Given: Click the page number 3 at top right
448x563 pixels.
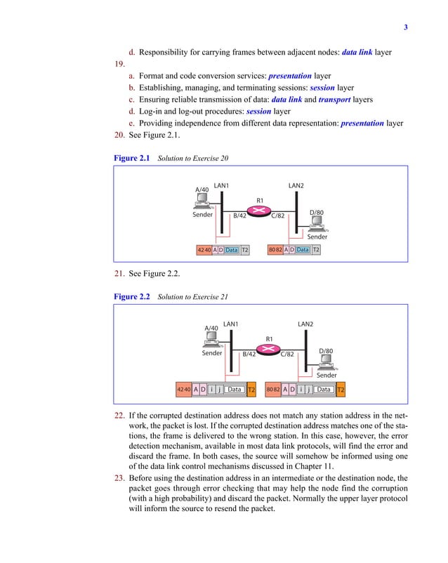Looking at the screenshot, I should tap(405, 28).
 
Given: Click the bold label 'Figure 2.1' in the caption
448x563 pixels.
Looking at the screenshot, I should tap(132, 159).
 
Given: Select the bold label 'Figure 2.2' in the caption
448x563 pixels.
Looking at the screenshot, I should tap(132, 297).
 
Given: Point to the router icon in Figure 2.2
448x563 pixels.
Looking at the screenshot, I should tap(269, 349).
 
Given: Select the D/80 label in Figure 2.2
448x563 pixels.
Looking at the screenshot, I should tap(326, 350).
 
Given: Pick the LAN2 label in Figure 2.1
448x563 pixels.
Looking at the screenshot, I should tap(296, 185).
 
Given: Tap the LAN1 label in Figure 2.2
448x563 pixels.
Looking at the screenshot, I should tap(231, 324).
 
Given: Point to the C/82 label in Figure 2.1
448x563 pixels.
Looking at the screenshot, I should tap(279, 216).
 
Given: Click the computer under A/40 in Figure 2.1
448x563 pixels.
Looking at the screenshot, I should tap(204, 204).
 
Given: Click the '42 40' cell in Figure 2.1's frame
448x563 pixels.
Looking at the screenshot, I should tap(204, 249).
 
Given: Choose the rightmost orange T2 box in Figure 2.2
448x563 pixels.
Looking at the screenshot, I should tap(341, 389).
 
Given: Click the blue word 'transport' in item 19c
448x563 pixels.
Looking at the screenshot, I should tap(334, 100).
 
